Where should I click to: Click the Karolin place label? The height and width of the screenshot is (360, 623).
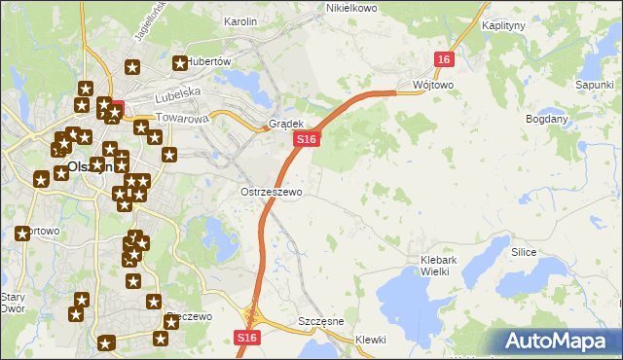(x=240, y=21)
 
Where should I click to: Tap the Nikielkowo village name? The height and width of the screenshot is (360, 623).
(x=351, y=8)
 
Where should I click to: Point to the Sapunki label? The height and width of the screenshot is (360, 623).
(x=594, y=86)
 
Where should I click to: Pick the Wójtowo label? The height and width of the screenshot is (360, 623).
(x=433, y=85)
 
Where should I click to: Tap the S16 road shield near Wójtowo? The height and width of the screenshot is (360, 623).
(x=444, y=60)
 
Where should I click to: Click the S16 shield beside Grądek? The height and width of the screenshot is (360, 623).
(x=306, y=140)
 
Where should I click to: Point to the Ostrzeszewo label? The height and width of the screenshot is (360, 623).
(x=272, y=193)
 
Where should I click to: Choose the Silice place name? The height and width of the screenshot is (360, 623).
(x=524, y=251)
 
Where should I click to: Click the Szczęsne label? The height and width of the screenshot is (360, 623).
(x=321, y=321)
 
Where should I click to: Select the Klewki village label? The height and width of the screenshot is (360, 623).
(x=371, y=340)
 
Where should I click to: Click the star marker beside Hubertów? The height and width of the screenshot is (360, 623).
(x=180, y=64)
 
